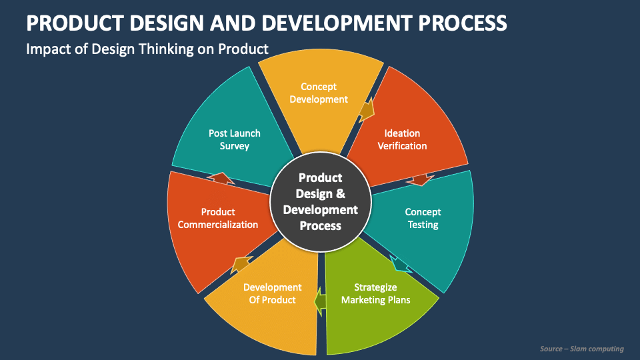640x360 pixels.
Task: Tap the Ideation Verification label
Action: [x=402, y=139]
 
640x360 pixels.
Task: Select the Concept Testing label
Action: [x=423, y=218]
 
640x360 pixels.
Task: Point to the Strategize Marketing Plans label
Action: [x=375, y=293]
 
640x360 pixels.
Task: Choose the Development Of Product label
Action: [x=272, y=293]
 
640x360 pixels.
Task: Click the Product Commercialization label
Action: [x=218, y=218]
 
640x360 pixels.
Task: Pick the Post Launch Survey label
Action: [x=234, y=139]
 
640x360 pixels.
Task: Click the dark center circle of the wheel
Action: [x=320, y=201]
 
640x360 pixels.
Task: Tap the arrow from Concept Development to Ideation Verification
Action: [x=366, y=110]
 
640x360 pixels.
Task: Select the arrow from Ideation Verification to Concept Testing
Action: [x=421, y=179]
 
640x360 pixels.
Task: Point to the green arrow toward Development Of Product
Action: [x=321, y=301]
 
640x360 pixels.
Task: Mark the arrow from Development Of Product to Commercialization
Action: [x=240, y=264]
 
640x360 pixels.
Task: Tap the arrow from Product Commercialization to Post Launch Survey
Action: [x=220, y=178]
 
